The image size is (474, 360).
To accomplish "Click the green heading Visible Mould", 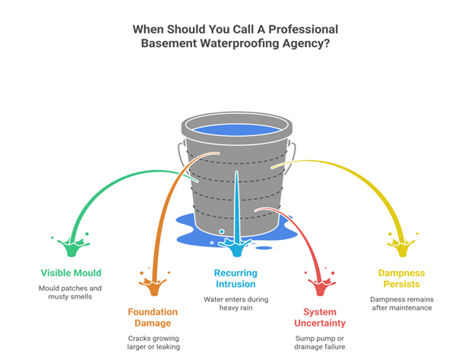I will coord(71,273).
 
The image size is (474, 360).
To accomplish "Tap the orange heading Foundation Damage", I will coord(153,317).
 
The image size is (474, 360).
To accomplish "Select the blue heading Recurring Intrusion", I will coord(235,278).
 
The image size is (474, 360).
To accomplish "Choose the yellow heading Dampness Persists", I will coord(402,278).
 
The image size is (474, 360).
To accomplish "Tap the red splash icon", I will coord(320,285).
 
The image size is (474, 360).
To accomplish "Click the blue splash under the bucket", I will coord(236,245).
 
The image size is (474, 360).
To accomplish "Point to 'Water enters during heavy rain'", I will coord(235,304).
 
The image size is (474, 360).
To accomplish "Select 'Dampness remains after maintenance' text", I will coord(402,304).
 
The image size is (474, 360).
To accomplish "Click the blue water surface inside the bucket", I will coord(236,128).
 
